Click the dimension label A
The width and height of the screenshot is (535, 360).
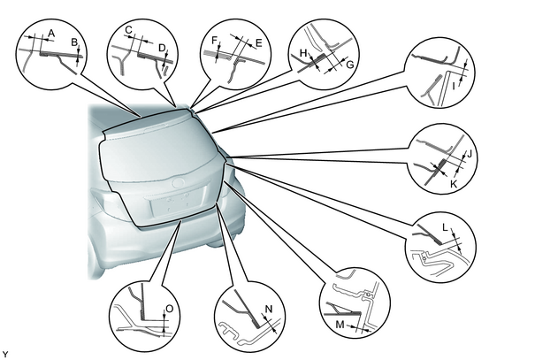(51, 33)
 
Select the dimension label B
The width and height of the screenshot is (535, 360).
(74, 42)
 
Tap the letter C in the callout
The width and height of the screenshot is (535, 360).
(128, 30)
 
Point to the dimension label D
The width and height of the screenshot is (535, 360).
(162, 48)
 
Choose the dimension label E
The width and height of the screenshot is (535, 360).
(258, 43)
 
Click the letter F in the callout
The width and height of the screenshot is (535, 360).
(214, 41)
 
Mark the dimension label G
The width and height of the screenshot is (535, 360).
(349, 65)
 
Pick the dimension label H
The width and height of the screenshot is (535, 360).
(303, 53)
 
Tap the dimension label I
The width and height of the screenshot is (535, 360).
(454, 87)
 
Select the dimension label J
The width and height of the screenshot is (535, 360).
(469, 154)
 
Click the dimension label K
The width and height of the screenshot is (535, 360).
(454, 184)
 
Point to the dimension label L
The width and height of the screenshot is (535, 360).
(446, 227)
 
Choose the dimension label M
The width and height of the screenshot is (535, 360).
(340, 325)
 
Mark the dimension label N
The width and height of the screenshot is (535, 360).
(269, 310)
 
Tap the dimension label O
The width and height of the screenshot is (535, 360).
(169, 310)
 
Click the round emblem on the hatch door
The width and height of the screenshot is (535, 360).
(178, 183)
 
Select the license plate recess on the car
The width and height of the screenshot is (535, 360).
(178, 204)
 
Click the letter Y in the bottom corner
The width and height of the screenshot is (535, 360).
(4, 355)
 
